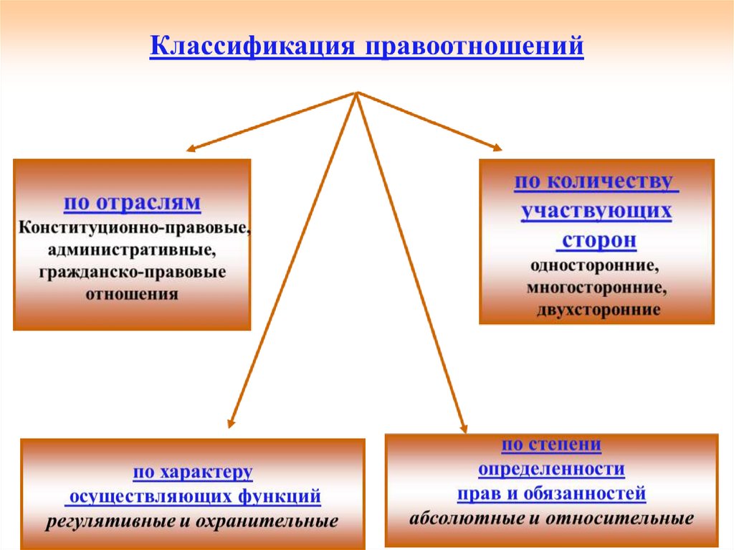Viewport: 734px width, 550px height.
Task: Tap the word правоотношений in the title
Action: point(475,47)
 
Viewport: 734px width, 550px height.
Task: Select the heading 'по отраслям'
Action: point(132,203)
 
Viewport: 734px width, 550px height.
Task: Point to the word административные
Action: point(132,250)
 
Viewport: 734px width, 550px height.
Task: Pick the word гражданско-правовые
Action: point(132,272)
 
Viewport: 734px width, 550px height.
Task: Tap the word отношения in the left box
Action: point(132,294)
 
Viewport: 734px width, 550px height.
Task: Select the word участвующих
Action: point(596,212)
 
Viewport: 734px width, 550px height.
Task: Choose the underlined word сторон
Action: point(599,240)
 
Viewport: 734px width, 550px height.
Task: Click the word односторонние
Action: point(595,265)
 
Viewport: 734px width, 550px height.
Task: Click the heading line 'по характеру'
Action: point(192,473)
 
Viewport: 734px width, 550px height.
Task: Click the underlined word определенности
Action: point(551,470)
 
